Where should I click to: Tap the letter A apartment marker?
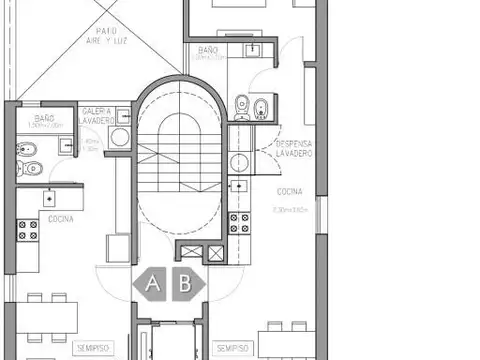[x=153, y=283]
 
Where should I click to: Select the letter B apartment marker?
[x=185, y=283]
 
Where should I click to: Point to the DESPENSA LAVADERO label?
[x=293, y=149]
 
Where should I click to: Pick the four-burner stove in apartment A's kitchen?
[x=28, y=231]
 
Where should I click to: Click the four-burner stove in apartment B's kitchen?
[x=239, y=222]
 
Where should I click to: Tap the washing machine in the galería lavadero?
[x=120, y=138]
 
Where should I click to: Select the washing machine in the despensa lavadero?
[x=239, y=161]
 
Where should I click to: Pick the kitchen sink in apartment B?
[x=239, y=185]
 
